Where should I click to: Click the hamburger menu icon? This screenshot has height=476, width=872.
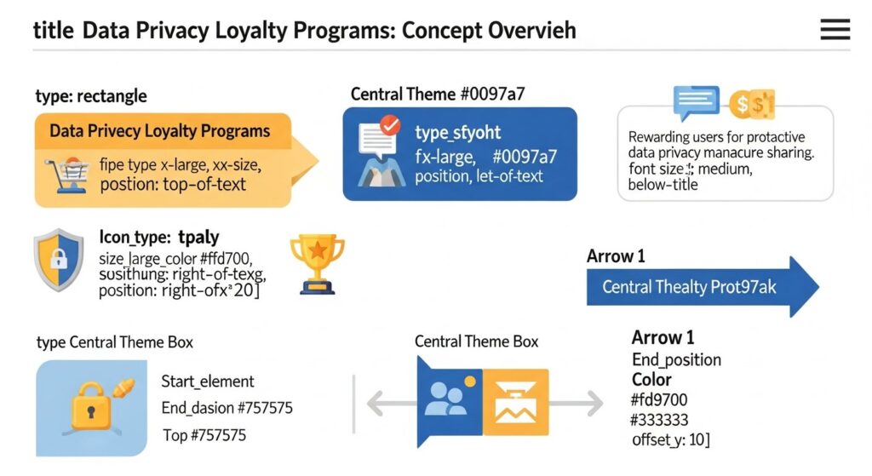pyautogui.click(x=835, y=30)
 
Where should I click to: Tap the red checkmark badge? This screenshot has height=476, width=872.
pyautogui.click(x=389, y=126)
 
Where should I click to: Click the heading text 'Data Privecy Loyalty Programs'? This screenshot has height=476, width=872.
pyautogui.click(x=159, y=131)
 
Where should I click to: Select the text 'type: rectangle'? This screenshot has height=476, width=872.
pyautogui.click(x=91, y=95)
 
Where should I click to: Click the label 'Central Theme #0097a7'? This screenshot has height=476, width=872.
pyautogui.click(x=438, y=94)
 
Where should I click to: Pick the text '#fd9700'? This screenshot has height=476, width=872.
pyautogui.click(x=659, y=400)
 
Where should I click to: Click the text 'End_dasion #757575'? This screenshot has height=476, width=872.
pyautogui.click(x=227, y=408)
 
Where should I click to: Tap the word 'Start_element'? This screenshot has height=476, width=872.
pyautogui.click(x=207, y=381)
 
